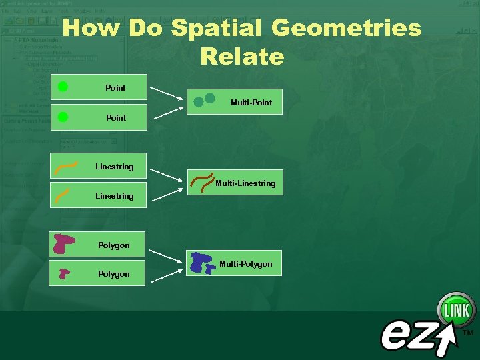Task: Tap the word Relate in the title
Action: [241, 57]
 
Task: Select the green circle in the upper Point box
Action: [63, 87]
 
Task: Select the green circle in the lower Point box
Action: [63, 117]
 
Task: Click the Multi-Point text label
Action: [251, 103]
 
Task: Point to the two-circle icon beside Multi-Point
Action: [204, 101]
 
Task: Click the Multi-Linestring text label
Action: [245, 183]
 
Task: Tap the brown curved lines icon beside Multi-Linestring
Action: [203, 182]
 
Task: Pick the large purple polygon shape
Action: [64, 244]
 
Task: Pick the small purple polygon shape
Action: [64, 273]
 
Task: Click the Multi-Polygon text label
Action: [246, 264]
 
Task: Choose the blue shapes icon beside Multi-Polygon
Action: [201, 263]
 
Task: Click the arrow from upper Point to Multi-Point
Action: [166, 93]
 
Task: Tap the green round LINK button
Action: [456, 310]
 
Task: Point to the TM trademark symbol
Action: [468, 332]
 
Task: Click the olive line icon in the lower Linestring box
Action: [62, 195]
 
